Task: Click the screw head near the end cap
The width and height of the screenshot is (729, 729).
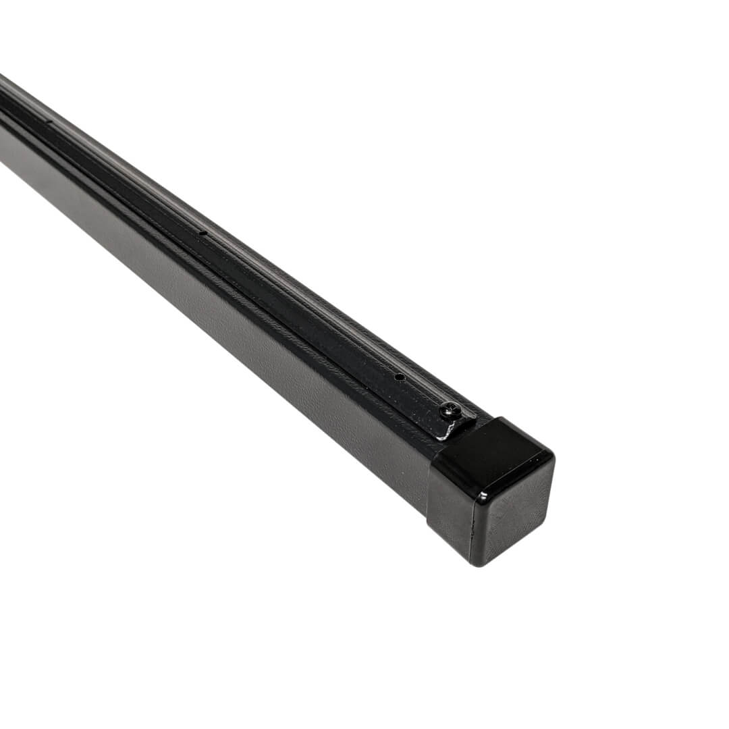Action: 450,409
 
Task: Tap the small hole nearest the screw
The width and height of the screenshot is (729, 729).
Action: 399,377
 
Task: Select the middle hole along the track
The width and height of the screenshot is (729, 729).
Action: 202,234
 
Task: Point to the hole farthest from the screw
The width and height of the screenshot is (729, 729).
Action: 49,122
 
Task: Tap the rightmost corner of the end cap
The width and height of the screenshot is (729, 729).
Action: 553,459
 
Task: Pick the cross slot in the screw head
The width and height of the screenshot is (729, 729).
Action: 450,409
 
